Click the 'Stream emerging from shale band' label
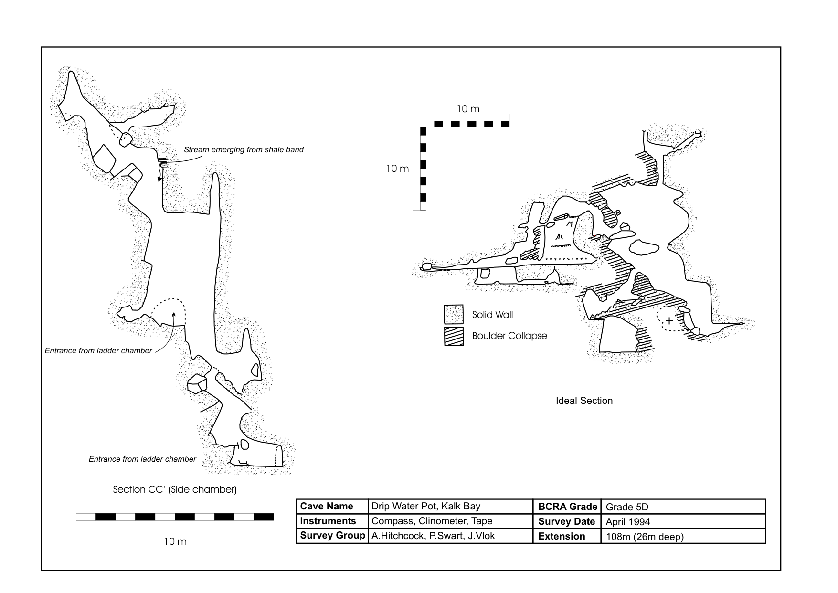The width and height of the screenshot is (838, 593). pos(244,150)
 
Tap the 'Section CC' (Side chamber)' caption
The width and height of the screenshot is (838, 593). pos(175,489)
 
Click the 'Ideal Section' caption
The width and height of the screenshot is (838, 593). pos(584,401)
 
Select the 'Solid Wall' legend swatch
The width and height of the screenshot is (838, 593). pos(454,315)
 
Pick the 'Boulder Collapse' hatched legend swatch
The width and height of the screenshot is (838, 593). pos(454,336)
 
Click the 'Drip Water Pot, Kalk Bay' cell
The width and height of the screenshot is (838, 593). pos(426,507)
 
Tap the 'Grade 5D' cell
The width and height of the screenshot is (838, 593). pos(627,507)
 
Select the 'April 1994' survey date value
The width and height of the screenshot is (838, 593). pos(627,522)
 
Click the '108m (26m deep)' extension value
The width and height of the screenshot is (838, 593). pos(645,537)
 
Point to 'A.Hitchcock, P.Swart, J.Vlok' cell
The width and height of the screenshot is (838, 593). pos(433,536)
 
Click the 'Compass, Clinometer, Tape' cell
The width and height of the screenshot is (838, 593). pos(432,521)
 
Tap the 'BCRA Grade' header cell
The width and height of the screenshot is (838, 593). pos(568,507)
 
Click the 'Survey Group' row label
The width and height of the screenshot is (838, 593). pos(332,536)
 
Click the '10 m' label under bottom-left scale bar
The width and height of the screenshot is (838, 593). pos(175,541)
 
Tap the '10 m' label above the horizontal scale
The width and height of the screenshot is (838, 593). pos(468,109)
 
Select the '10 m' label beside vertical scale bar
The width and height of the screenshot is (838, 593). pos(397,169)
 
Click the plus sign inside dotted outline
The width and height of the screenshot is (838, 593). pos(669,321)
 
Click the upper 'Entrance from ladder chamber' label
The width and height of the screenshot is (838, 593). pos(98,351)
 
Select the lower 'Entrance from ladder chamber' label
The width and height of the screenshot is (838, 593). pos(142,459)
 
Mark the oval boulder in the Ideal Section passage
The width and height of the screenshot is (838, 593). pos(644,247)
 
